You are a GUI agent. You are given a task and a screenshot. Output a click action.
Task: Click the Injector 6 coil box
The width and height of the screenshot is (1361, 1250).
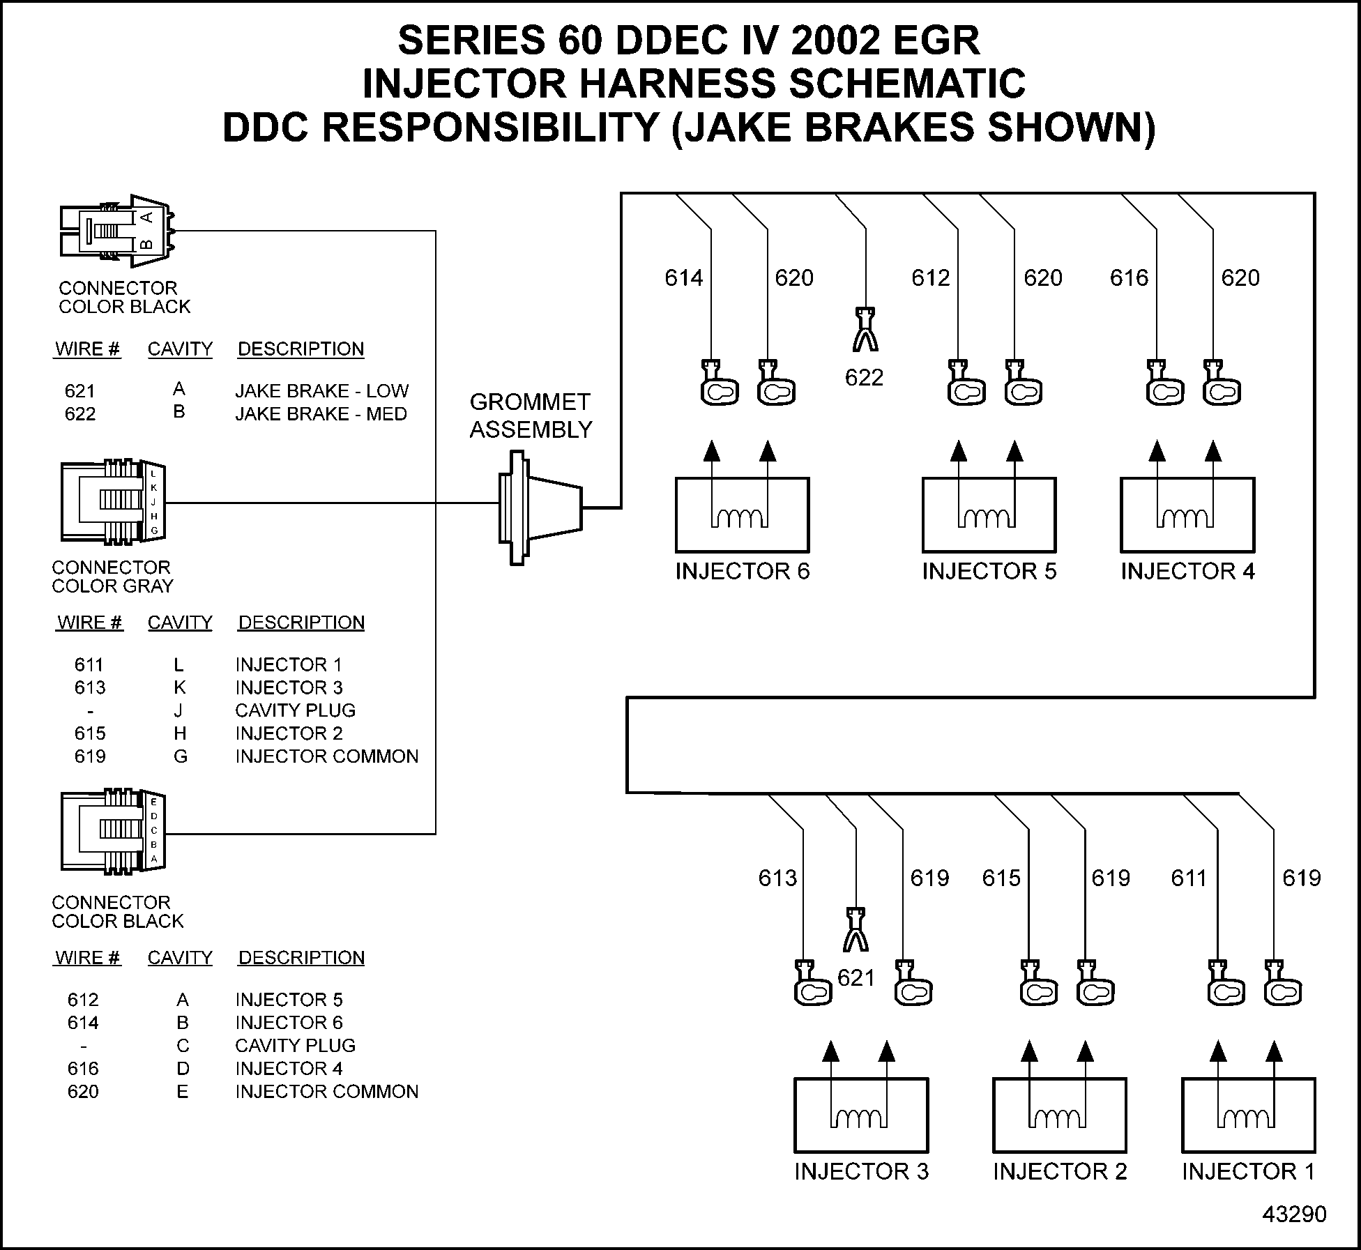click(742, 515)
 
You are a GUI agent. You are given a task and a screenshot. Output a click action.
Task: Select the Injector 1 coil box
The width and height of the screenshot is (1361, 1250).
click(1248, 1115)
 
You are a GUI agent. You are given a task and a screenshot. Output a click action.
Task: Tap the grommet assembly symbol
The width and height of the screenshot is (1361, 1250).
click(539, 508)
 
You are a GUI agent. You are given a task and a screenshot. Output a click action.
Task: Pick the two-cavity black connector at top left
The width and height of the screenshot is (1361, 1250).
click(116, 231)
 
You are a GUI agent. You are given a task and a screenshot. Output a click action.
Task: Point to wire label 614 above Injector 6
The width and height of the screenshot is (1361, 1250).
click(683, 278)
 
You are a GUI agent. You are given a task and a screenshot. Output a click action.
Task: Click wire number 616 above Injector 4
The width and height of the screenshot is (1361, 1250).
click(1129, 278)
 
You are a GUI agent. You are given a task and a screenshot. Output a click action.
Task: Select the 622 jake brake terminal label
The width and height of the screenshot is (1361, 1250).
click(864, 378)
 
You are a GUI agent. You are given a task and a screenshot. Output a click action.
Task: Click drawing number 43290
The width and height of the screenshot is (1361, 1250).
click(1294, 1214)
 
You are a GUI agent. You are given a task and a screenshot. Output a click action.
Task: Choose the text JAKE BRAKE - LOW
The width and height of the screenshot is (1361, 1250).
click(321, 391)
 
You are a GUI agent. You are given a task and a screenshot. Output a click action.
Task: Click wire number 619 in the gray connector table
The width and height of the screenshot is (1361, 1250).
click(90, 756)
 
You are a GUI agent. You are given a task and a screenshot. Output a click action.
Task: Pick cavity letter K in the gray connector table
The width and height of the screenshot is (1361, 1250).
click(180, 688)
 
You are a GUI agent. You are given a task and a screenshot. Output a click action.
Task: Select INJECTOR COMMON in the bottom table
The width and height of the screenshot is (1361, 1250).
click(326, 1092)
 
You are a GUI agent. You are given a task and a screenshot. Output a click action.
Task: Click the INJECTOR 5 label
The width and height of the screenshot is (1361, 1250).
click(989, 572)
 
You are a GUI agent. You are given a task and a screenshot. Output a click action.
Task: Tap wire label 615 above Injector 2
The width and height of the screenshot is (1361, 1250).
click(1001, 878)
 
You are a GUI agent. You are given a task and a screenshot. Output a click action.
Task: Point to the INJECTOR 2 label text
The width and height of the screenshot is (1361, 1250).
click(1059, 1172)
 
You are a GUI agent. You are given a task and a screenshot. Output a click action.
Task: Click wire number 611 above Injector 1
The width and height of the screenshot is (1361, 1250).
click(1188, 878)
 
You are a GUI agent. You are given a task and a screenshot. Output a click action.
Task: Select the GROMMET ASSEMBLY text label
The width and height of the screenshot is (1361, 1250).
click(531, 416)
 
